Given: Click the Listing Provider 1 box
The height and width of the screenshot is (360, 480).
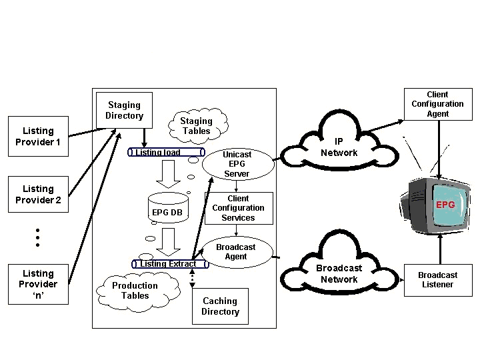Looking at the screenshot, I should pos(38,137).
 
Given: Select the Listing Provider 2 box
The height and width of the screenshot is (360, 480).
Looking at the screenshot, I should pos(38,195).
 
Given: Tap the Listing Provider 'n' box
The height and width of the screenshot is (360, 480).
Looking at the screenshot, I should pos(38,285).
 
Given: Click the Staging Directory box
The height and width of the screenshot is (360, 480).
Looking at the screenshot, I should pos(124,111).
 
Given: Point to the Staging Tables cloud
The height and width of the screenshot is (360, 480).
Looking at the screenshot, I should pos(197,126).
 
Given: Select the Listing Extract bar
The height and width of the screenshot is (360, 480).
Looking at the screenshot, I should pos(169,264).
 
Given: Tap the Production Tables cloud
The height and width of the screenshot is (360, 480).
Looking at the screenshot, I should pos(135,291).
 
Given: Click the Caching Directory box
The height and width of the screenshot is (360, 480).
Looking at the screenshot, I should pos(220,307).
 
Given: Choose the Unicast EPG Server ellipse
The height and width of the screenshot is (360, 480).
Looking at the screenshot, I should pos(237,164).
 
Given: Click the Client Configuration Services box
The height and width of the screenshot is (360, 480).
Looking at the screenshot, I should pos(238,208).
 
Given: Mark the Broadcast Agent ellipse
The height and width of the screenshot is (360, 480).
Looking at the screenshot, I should pos(236,252).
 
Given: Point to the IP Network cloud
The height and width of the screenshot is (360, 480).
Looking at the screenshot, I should pos(339,147).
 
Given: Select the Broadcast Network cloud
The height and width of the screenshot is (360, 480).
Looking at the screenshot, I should pos(339,273).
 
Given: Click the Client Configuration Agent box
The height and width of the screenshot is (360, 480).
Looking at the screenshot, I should pos(437,105).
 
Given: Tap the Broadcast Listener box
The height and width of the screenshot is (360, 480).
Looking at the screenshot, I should pos(437,280).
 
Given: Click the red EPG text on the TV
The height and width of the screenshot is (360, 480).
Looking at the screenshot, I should pos(445,205).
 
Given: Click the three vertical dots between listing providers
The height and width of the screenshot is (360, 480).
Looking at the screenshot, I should pos(38,237).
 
